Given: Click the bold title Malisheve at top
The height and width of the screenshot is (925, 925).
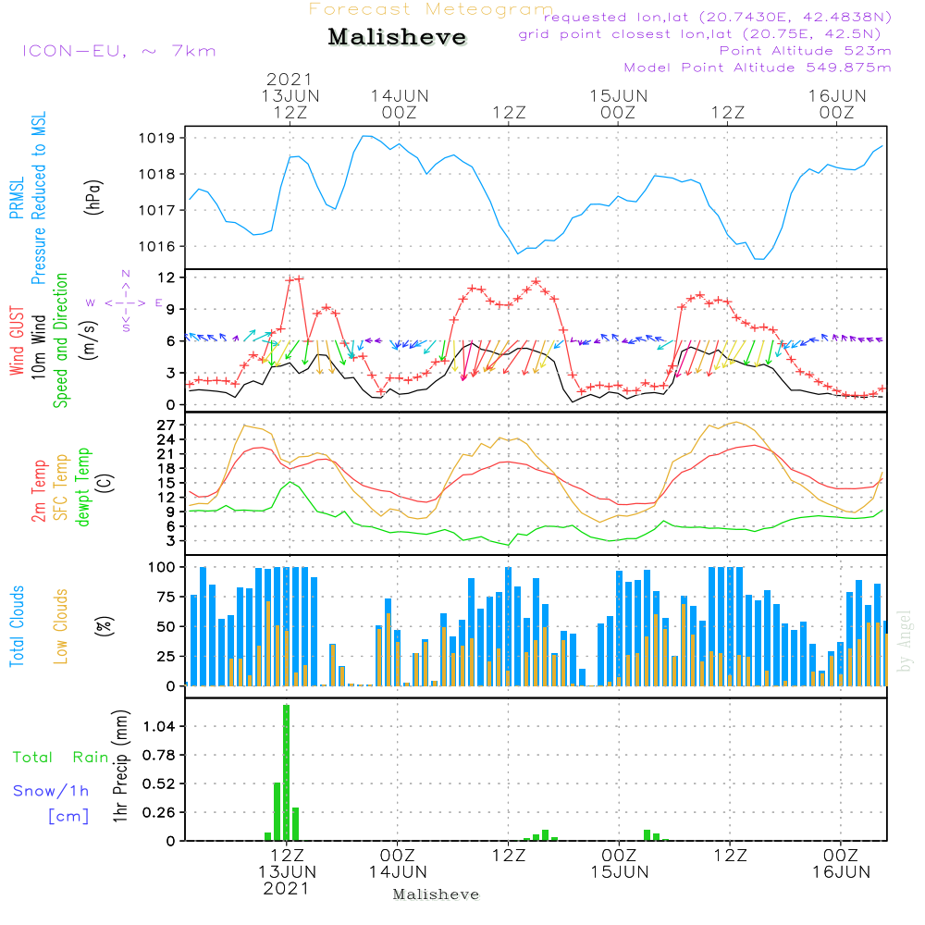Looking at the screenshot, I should (398, 37).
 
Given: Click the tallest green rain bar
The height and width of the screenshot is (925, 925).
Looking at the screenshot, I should (287, 772).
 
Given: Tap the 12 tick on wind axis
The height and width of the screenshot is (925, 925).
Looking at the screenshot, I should (167, 277).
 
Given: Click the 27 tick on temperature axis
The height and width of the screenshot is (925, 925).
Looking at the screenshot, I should (167, 425).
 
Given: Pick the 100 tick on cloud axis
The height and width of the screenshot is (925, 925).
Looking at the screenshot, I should (163, 567).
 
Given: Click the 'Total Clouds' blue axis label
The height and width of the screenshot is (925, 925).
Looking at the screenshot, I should (17, 626).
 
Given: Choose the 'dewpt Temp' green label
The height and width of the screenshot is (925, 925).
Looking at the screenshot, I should (83, 487).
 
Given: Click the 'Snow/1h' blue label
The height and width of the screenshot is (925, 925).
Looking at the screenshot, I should (52, 791).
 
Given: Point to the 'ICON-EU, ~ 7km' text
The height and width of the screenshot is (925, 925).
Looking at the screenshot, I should (118, 51).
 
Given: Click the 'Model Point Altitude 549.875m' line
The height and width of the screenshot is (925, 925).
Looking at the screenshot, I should (758, 68).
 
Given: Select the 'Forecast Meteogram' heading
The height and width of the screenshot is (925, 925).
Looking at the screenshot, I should (431, 9).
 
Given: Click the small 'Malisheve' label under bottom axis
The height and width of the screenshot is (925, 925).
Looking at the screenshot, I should (437, 894).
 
